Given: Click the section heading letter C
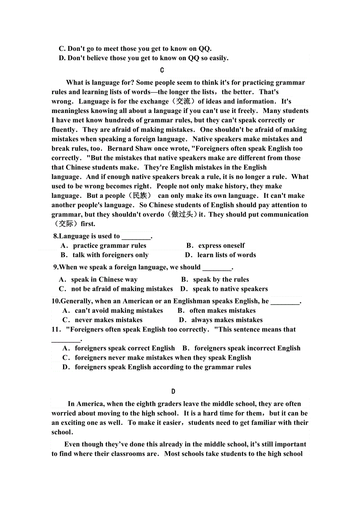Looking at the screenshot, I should coord(162,70).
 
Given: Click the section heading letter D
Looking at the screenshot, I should coord(173,392).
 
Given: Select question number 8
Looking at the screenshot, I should coord(56,236).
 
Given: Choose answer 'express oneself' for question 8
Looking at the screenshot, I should coord(221,246).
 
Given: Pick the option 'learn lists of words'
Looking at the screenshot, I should coord(226,255).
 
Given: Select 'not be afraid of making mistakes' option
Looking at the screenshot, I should coord(122,289).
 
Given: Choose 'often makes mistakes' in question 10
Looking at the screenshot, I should coord(222,311).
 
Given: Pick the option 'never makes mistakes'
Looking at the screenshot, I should coord(108,320).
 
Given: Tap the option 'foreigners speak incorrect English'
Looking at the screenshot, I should coord(247,348).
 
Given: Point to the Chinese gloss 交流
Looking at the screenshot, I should coord(183,101).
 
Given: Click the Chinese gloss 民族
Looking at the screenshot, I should coord(140,195).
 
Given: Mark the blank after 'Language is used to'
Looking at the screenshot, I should coord(136,237).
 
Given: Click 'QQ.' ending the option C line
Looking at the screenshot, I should coord(205,49).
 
